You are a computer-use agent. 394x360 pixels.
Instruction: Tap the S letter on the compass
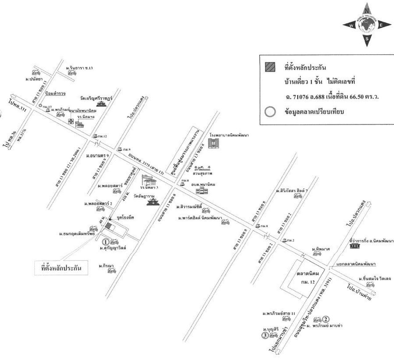pyautogui.click(x=367, y=39)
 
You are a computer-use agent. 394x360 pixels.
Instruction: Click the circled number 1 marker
pyautogui.click(x=105, y=242)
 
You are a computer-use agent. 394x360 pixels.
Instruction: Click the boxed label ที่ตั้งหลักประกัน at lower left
pyautogui.click(x=61, y=267)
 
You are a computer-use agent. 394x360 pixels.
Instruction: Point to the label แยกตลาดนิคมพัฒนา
pyautogui.click(x=356, y=264)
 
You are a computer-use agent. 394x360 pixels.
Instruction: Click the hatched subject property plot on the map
pyautogui.click(x=109, y=226)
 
